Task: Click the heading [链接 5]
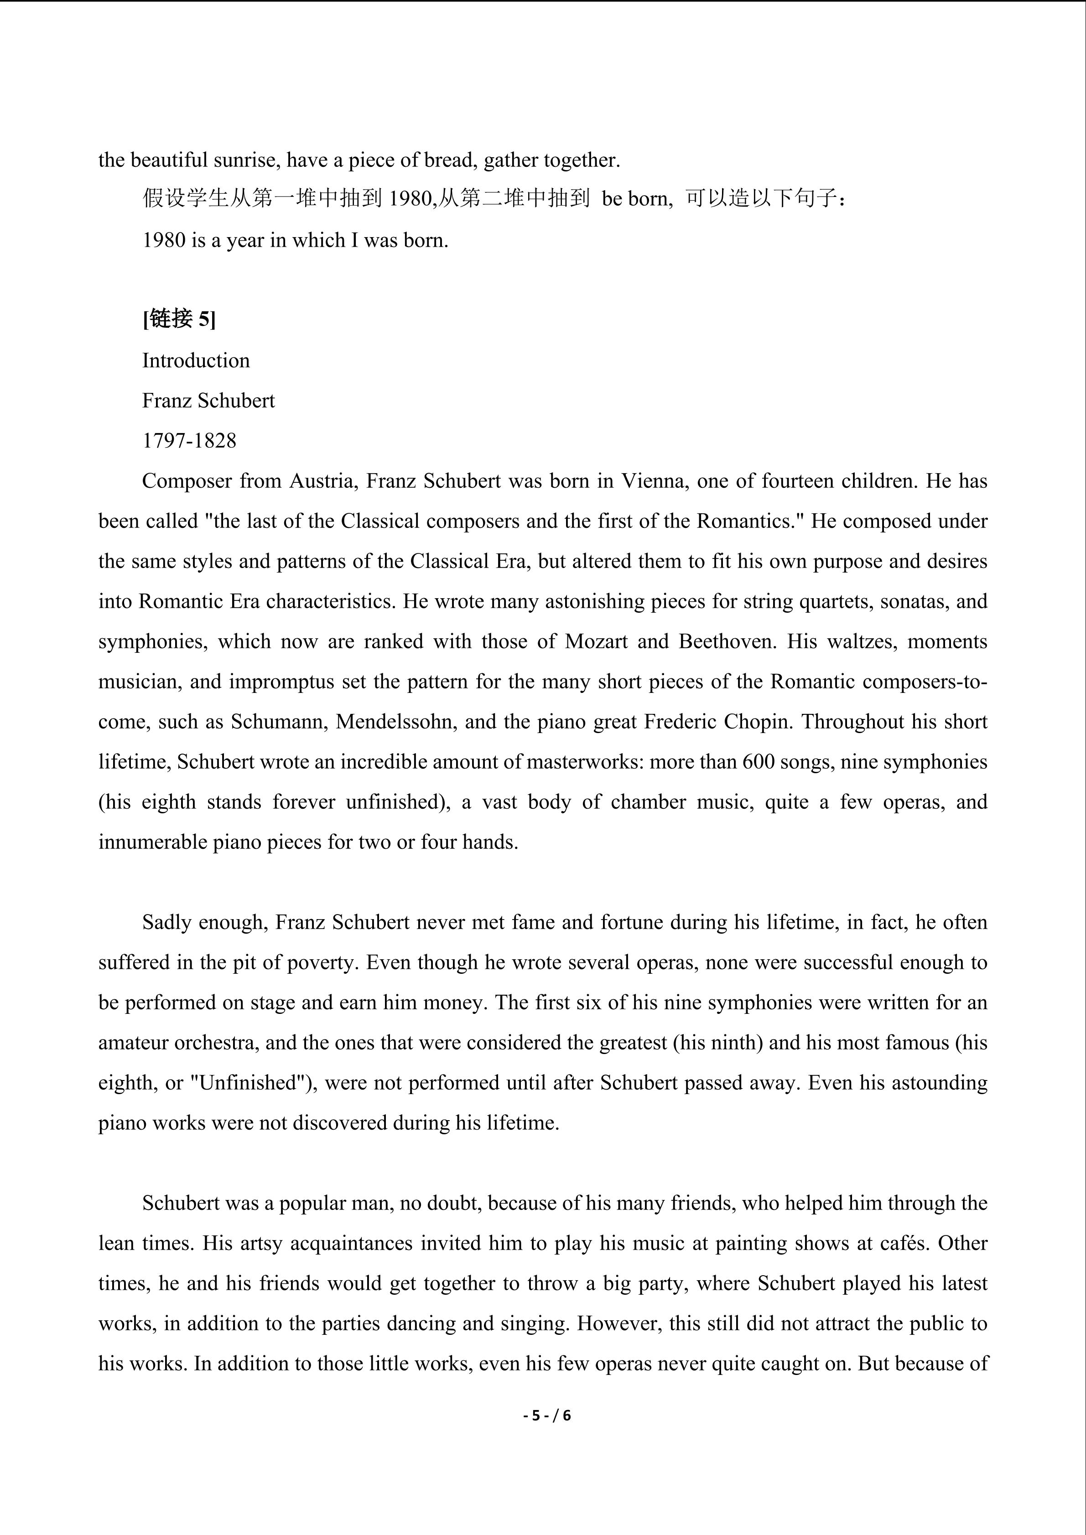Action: coord(178,320)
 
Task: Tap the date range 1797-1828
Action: coord(189,440)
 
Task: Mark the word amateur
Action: coord(134,1042)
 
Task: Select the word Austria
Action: coord(322,481)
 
